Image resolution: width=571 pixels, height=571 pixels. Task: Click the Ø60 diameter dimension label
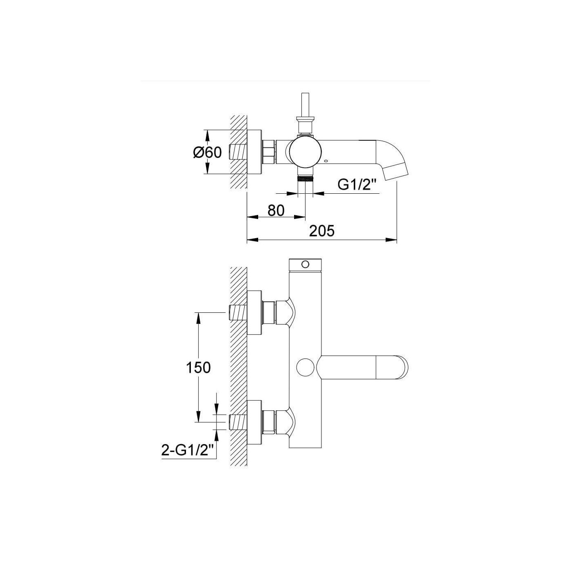208,152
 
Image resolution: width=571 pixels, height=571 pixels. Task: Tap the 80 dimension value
276,210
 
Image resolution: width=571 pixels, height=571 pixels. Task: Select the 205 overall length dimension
322,231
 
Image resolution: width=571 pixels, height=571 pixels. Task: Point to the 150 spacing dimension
198,367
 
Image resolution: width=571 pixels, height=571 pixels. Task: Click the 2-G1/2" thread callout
188,451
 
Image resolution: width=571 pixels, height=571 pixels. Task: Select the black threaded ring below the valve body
305,179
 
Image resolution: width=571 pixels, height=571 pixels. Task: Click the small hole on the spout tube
326,162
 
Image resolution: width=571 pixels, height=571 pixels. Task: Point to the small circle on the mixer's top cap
305,264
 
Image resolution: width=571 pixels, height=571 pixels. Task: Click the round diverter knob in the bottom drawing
305,367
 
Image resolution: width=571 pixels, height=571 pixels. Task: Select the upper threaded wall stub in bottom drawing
238,312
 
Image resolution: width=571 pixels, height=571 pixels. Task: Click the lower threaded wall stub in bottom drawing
238,422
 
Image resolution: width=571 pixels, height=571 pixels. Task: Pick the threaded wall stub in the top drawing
238,152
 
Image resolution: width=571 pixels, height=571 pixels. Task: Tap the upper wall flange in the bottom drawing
255,312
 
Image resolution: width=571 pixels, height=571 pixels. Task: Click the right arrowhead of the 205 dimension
391,239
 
